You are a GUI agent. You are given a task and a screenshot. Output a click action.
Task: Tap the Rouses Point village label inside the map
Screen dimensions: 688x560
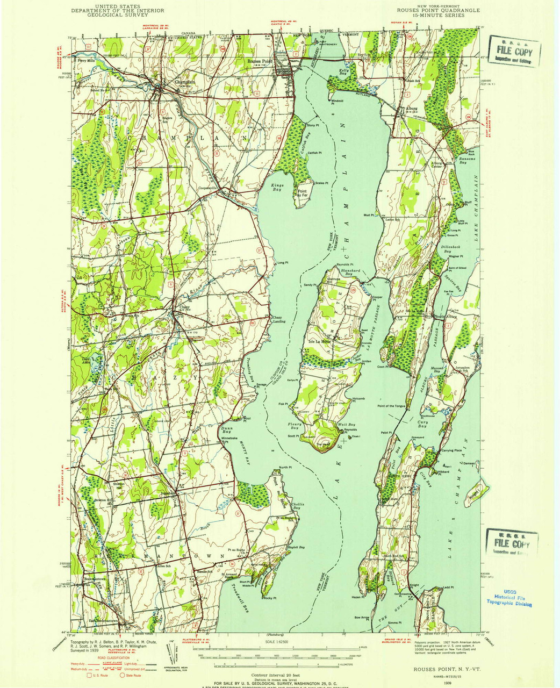[260, 61]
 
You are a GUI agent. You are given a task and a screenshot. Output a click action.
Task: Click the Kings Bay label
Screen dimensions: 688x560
[277, 187]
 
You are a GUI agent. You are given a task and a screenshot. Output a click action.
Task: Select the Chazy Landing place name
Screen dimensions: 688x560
[278, 319]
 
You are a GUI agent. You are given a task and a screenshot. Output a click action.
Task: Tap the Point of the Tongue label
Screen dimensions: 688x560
[391, 406]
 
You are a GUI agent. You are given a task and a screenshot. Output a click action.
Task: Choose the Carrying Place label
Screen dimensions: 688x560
[451, 450]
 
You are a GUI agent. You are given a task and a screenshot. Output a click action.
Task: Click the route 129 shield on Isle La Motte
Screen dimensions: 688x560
[353, 291]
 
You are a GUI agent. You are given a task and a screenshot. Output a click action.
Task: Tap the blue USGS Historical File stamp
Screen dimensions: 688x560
[509, 600]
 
